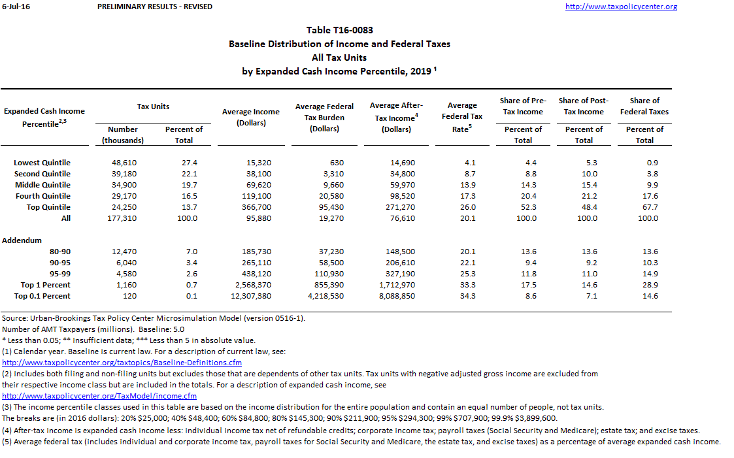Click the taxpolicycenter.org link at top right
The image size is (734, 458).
pos(620,7)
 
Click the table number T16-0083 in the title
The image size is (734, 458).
pos(339,30)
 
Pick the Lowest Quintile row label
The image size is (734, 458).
pos(42,163)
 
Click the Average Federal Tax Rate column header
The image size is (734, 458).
pos(462,116)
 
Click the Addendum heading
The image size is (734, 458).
pos(22,240)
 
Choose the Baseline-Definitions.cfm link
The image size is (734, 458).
pos(122,362)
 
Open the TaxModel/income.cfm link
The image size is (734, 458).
pos(99,395)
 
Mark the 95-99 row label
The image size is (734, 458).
pos(60,274)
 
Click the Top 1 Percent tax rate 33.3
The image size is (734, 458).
pos(468,285)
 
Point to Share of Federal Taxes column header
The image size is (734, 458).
pos(644,106)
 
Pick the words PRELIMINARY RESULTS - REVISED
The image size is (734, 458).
pos(154,7)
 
